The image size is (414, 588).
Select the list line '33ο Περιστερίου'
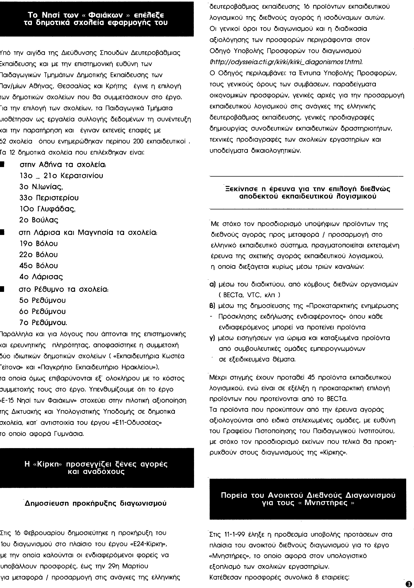[x=49, y=198]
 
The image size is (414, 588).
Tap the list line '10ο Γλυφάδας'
[x=47, y=209]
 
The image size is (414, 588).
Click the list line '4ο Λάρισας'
[x=41, y=277]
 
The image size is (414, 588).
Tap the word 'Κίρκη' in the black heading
[x=48, y=464]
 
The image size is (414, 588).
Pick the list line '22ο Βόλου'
[x=39, y=255]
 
